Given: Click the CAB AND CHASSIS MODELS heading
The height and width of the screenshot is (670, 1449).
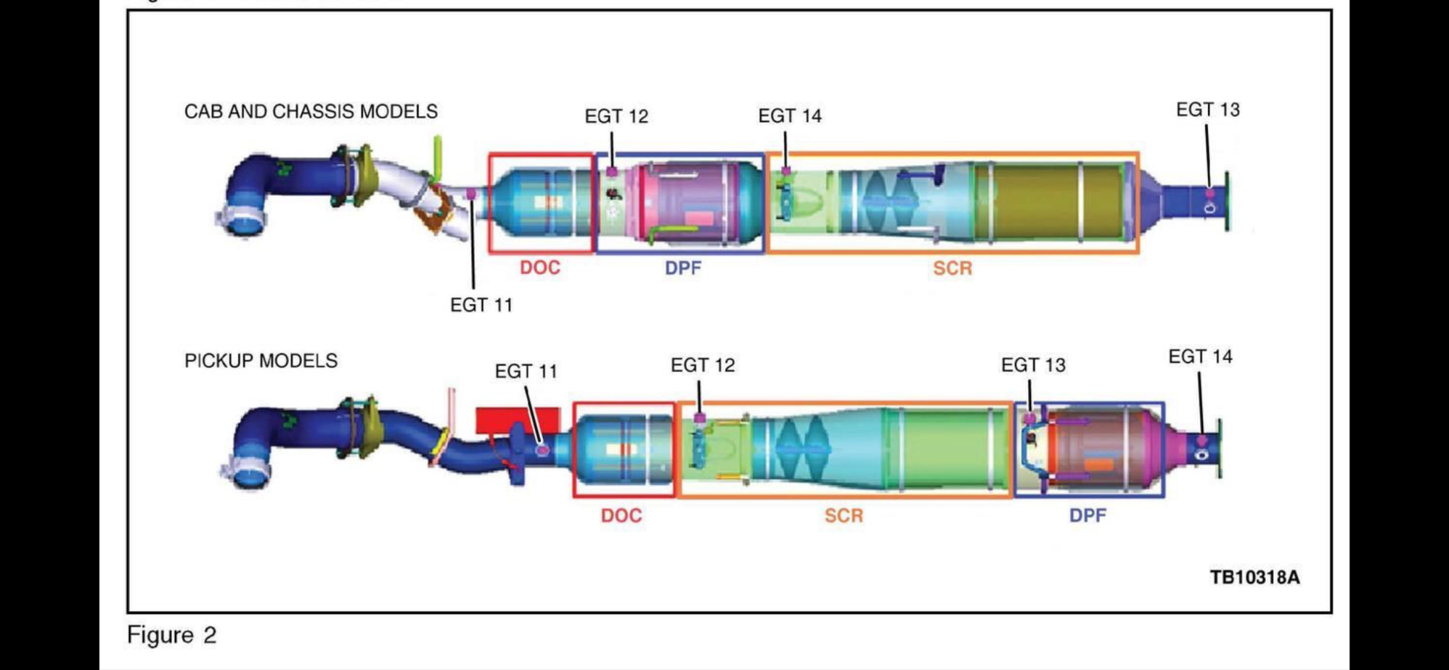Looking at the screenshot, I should pos(311,111).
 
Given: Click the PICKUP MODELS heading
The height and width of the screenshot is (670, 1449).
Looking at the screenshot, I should pos(261,360).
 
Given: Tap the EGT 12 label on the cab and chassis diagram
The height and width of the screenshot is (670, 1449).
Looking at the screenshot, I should pos(616,116).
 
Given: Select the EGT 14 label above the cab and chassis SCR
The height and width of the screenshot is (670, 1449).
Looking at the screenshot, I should pos(790,116).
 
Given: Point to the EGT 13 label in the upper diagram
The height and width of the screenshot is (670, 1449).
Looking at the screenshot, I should pos(1207,110).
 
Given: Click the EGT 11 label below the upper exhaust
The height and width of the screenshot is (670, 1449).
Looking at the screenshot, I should pos(481,305).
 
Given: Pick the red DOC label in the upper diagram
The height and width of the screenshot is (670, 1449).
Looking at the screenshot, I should pos(540,267).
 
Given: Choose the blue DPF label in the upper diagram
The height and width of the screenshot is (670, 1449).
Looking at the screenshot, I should pos(683,268).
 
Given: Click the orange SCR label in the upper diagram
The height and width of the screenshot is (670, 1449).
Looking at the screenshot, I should pos(952,268).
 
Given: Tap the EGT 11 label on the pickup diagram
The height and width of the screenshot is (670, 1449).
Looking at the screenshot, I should pos(526,371).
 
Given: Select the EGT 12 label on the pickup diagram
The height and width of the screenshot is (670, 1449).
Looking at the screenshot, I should pos(702,365).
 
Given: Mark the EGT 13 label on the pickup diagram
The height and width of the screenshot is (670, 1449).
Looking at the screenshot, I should pos(1033,365).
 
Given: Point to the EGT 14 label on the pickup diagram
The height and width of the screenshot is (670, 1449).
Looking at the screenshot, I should pos(1200,357).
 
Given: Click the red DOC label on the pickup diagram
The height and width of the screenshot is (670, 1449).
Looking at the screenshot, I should pos(621,515).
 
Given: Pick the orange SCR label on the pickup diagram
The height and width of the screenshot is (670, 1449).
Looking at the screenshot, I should pos(844,515).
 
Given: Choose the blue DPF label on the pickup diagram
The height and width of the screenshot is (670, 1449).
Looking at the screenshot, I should pos(1087,515).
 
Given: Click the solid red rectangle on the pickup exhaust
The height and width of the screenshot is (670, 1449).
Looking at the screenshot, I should pos(518,419).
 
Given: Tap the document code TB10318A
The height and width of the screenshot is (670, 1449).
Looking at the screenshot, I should pos(1254,577).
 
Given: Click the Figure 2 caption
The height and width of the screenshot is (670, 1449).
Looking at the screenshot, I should pos(172,634).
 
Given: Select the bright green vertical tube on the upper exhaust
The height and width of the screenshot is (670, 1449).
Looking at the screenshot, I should pos(438,156).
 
